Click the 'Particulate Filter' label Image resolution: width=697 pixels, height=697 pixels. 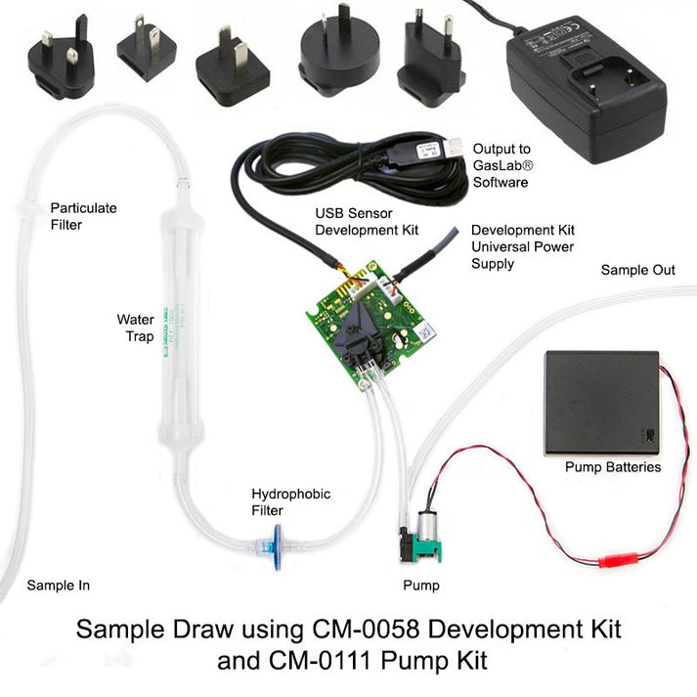point(83,216)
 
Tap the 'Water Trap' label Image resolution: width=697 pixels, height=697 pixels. point(136,327)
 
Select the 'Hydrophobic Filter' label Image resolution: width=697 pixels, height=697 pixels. point(278,501)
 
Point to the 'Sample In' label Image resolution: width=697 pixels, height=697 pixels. point(58,586)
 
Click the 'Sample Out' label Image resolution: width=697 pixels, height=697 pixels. point(637,270)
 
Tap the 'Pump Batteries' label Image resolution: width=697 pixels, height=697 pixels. point(613,467)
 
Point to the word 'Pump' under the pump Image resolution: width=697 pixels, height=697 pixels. point(421,587)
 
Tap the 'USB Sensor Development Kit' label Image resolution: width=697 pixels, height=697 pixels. point(366,221)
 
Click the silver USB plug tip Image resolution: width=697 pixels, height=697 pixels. point(455,147)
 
